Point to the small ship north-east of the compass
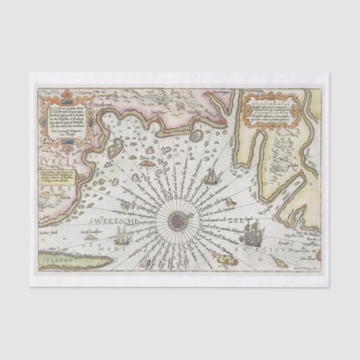[x=212, y=176]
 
